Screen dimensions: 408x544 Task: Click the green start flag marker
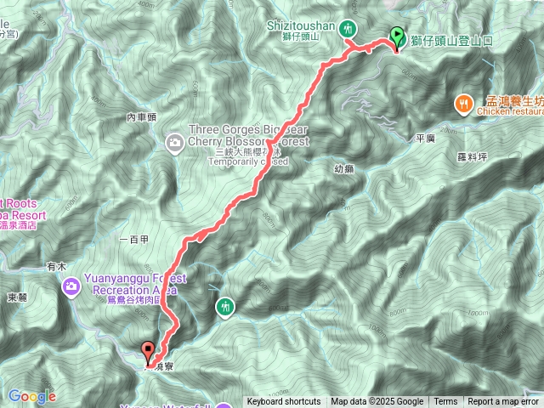click(x=397, y=37)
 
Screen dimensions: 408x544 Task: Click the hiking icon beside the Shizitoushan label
click(x=348, y=30)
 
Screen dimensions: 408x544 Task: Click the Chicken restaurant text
click(x=510, y=110)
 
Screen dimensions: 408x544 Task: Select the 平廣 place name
click(x=426, y=137)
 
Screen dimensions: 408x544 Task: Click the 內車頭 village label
click(x=142, y=117)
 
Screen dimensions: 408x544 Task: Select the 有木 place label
click(x=56, y=266)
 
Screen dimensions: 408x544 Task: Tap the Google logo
click(x=31, y=396)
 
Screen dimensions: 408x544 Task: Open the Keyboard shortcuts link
click(x=285, y=402)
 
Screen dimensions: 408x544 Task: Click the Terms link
click(x=445, y=402)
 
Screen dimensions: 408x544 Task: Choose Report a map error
click(x=503, y=402)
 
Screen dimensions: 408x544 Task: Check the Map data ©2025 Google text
click(x=377, y=402)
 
